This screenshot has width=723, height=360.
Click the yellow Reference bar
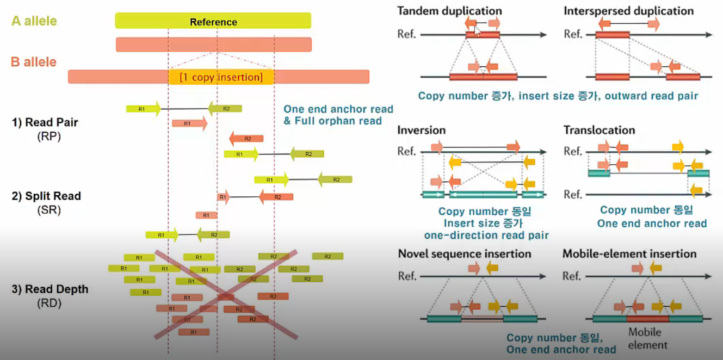[213, 21]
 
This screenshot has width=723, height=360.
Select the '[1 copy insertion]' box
[221, 77]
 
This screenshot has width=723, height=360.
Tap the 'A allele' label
[34, 22]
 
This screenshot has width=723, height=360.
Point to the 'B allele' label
[34, 62]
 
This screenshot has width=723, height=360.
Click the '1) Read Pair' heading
[45, 122]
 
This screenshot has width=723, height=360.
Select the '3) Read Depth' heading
[50, 289]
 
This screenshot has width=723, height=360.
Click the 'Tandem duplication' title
[449, 11]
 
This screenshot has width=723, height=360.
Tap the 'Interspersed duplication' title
[628, 11]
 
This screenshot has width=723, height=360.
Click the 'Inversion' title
[421, 131]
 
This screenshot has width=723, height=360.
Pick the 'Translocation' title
[599, 131]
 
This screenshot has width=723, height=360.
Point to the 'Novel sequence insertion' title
[464, 254]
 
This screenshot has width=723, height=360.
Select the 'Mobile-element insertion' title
[629, 254]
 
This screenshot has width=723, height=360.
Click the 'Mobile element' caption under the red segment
[647, 338]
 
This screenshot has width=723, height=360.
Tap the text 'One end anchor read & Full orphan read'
[338, 115]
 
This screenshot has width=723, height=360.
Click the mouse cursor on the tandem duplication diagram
[477, 30]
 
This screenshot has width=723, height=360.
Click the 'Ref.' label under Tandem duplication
[406, 35]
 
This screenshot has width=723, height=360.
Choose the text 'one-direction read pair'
[486, 235]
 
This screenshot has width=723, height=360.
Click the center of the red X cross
[225, 295]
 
